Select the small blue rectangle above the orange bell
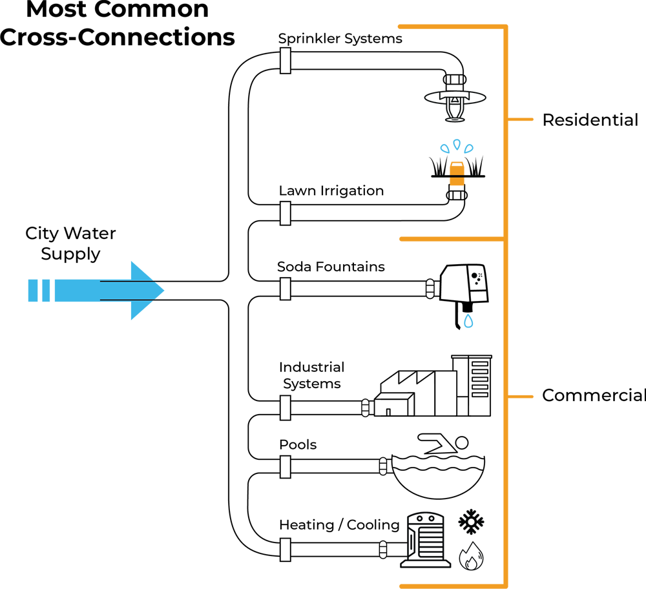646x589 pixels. pos(457,141)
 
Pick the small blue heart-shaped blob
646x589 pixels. pos(475,326)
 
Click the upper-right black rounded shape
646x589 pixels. pos(581,129)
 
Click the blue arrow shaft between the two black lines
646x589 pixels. pos(129,291)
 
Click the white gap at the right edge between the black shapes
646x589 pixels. pos(636,258)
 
